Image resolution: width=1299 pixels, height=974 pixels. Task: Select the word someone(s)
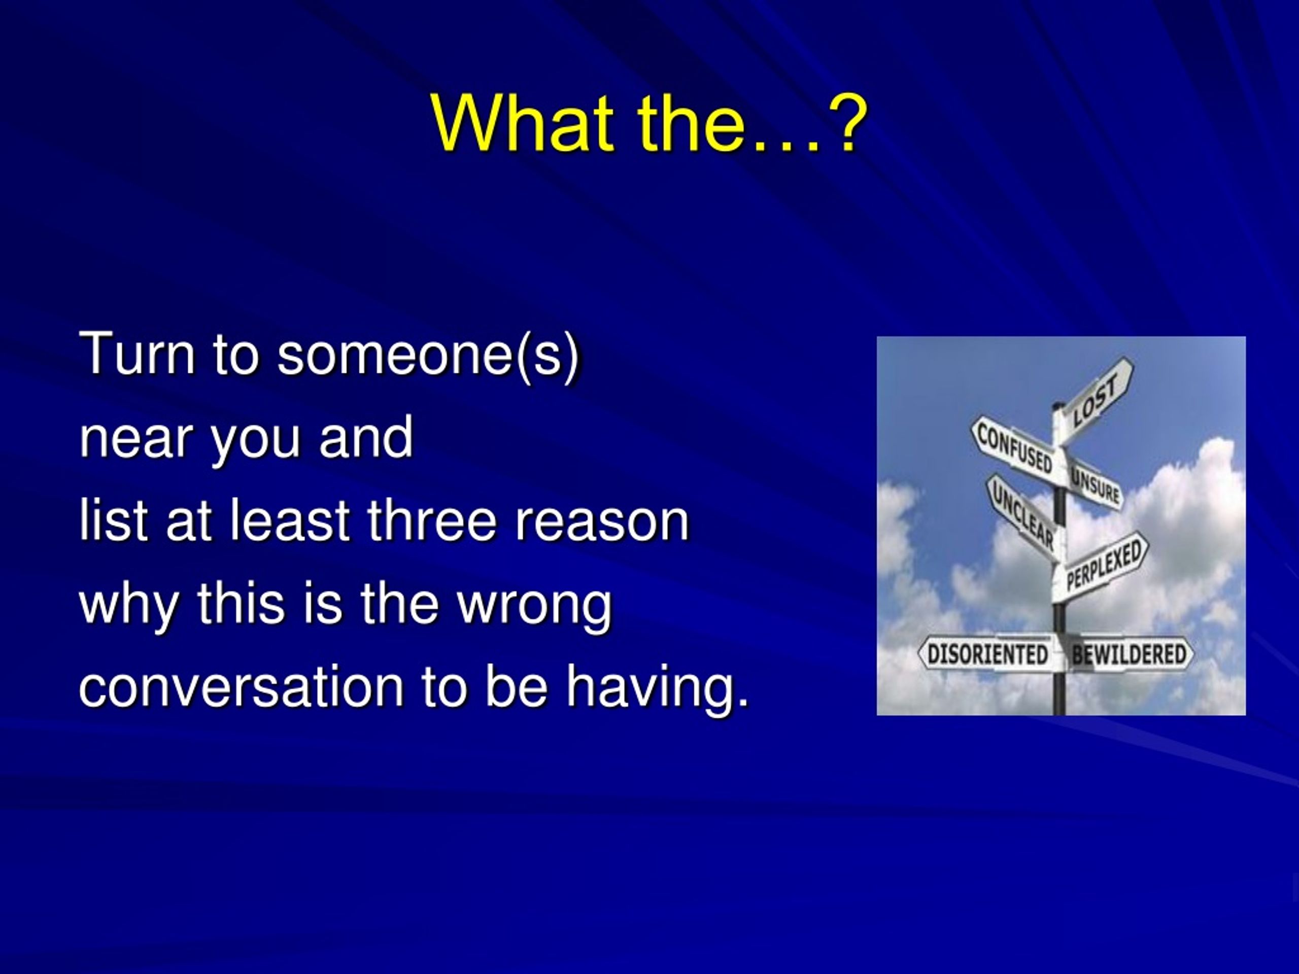pos(428,356)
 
